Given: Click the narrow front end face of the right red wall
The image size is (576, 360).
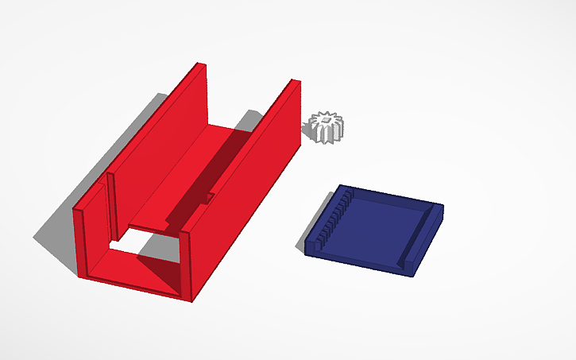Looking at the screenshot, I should (x=188, y=266).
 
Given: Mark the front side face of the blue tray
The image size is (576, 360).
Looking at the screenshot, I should (x=358, y=261).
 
